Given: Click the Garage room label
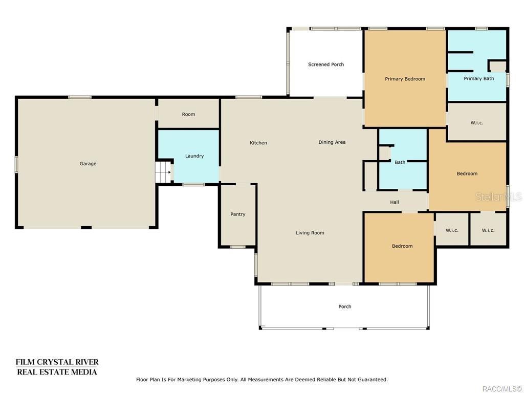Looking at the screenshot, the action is pyautogui.click(x=88, y=163).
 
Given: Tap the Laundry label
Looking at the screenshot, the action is pyautogui.click(x=194, y=156).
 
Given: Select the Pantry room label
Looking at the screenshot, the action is pyautogui.click(x=238, y=214).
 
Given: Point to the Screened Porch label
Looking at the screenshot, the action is pyautogui.click(x=326, y=64).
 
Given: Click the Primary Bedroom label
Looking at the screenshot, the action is pyautogui.click(x=405, y=79).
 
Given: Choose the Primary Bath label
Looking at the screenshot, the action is pyautogui.click(x=479, y=78).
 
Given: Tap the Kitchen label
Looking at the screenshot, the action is pyautogui.click(x=258, y=143).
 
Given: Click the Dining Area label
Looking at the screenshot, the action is pyautogui.click(x=332, y=142).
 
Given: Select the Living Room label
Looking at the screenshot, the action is pyautogui.click(x=310, y=233).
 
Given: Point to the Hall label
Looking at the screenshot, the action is pyautogui.click(x=395, y=202).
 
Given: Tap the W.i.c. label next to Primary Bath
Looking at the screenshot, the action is pyautogui.click(x=477, y=123).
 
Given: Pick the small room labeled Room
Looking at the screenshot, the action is pyautogui.click(x=188, y=114).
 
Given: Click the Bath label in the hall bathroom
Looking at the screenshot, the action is pyautogui.click(x=400, y=162).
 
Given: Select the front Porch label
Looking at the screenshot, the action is pyautogui.click(x=345, y=307).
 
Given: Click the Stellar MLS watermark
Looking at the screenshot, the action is pyautogui.click(x=498, y=197).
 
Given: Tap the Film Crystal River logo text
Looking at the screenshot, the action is pyautogui.click(x=57, y=367).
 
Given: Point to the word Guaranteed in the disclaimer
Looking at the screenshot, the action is pyautogui.click(x=373, y=380).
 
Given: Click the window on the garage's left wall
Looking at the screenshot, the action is pyautogui.click(x=16, y=164).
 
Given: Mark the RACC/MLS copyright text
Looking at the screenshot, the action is pyautogui.click(x=501, y=389).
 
